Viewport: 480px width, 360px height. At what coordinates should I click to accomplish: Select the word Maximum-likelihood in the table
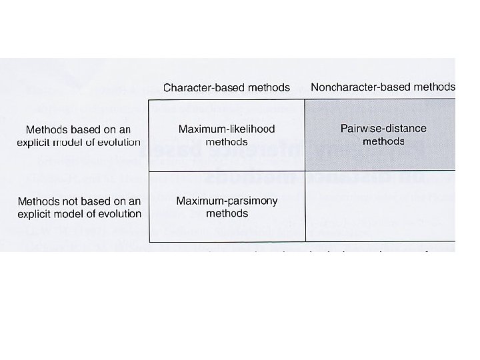(227, 129)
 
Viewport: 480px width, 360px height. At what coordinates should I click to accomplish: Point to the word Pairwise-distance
(383, 128)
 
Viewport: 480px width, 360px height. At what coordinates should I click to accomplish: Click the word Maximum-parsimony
(227, 201)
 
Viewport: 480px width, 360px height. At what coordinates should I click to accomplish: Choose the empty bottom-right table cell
(380, 207)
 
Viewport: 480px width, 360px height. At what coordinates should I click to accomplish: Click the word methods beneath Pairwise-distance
(383, 141)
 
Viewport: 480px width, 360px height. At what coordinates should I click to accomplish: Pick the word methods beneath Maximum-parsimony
(227, 214)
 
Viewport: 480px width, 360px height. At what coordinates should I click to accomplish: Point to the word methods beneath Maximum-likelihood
(227, 142)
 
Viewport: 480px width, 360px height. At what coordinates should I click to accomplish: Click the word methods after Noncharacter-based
(432, 87)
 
